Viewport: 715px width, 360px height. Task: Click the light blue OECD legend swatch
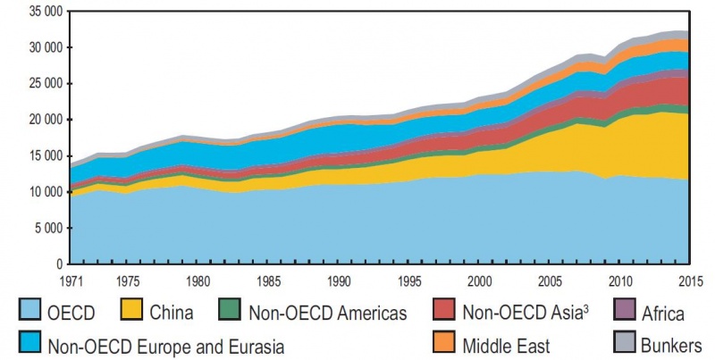point(29,313)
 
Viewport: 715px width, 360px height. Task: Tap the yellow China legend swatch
point(131,313)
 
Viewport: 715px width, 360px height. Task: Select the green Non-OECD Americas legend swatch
point(231,313)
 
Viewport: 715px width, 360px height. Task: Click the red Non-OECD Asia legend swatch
point(444,313)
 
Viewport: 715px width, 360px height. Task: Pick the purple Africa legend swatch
point(628,313)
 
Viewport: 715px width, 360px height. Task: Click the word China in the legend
point(172,314)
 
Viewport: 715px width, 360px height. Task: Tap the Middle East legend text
point(505,345)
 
